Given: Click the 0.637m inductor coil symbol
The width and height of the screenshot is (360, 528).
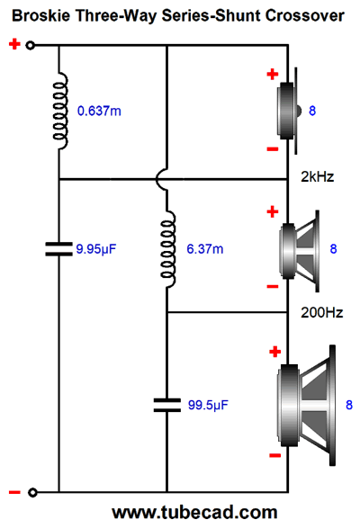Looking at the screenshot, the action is pyautogui.click(x=60, y=111).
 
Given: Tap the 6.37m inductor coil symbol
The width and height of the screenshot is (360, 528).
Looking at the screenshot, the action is pyautogui.click(x=168, y=249).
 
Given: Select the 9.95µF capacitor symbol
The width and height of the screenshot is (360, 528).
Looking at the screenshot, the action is pyautogui.click(x=59, y=249).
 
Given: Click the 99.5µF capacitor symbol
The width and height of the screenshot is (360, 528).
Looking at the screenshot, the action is pyautogui.click(x=167, y=405).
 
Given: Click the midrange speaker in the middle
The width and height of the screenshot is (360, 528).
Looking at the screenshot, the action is pyautogui.click(x=300, y=251).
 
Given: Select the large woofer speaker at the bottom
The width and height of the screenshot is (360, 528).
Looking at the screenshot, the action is pyautogui.click(x=306, y=405).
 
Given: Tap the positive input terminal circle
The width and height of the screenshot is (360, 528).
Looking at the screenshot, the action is pyautogui.click(x=31, y=45).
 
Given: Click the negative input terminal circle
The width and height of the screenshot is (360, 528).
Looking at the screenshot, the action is pyautogui.click(x=32, y=493).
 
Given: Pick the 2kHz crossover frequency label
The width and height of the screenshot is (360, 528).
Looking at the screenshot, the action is pyautogui.click(x=317, y=177).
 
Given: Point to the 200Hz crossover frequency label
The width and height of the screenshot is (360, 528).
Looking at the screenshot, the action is pyautogui.click(x=321, y=313).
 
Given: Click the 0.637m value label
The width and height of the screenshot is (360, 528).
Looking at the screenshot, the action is pyautogui.click(x=99, y=111).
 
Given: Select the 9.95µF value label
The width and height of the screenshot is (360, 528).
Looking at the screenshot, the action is pyautogui.click(x=96, y=249).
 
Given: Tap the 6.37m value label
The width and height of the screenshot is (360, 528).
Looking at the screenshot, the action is pyautogui.click(x=205, y=249).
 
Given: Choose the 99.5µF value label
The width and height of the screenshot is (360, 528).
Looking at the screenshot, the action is pyautogui.click(x=208, y=405).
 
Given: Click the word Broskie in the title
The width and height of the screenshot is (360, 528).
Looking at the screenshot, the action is pyautogui.click(x=41, y=15).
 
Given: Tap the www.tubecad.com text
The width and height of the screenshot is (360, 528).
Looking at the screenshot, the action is pyautogui.click(x=194, y=512).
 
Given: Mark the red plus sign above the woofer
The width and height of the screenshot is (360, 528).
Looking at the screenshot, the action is pyautogui.click(x=275, y=352).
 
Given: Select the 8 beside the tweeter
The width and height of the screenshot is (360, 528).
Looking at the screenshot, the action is pyautogui.click(x=312, y=111).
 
